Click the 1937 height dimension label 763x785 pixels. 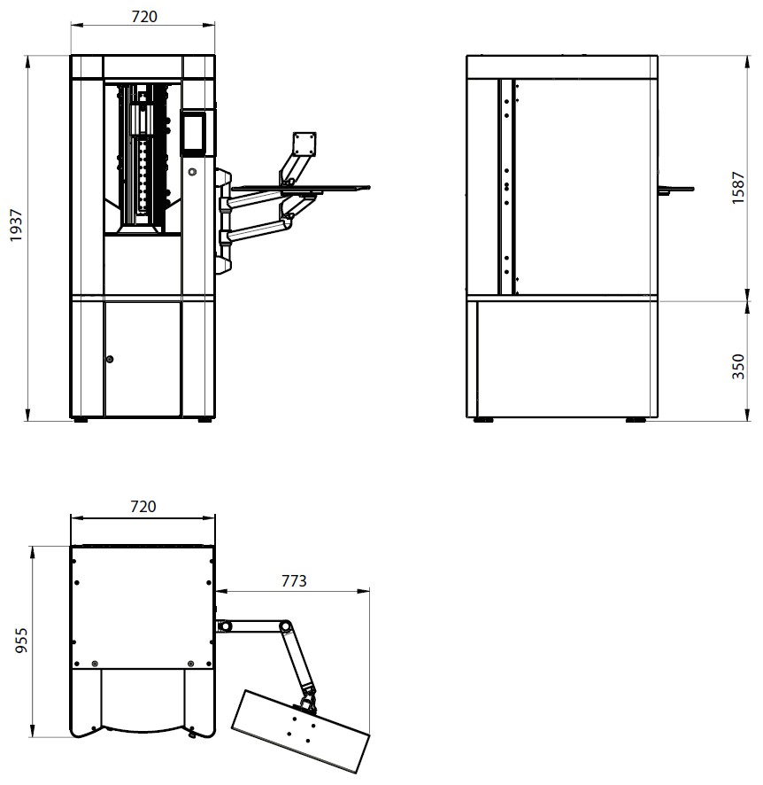click(x=16, y=225)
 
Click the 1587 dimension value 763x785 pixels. click(x=738, y=188)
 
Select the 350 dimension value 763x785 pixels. click(x=738, y=367)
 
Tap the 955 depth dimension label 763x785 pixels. click(x=21, y=641)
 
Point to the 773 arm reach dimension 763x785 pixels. click(x=294, y=580)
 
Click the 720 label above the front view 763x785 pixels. click(x=144, y=17)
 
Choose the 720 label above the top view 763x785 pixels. click(x=143, y=507)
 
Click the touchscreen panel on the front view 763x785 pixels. click(x=194, y=132)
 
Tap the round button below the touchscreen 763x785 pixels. click(x=192, y=172)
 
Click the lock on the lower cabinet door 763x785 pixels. click(x=110, y=359)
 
